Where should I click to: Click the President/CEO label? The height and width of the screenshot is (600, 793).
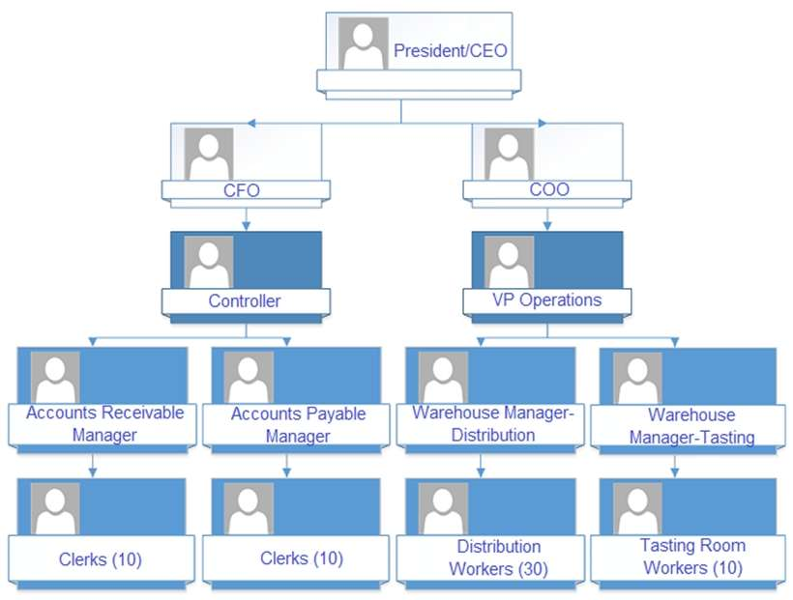pos(451,50)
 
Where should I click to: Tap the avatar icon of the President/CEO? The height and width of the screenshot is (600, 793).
pos(364,43)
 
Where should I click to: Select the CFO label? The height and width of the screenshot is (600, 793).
pos(242,190)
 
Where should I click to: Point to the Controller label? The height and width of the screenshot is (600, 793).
pos(245,300)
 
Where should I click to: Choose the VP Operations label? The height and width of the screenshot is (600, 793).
pos(546,300)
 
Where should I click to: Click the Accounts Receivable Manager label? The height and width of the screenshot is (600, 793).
pos(104,423)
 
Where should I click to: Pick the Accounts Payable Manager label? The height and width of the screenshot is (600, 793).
pos(298,424)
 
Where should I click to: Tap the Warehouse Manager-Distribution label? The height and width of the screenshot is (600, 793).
pos(493,423)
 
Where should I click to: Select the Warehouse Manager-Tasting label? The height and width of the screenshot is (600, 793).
pos(690,425)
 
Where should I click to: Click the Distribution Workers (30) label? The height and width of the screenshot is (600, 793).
pos(499,557)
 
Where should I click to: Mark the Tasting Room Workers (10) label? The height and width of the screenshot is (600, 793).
pos(692,557)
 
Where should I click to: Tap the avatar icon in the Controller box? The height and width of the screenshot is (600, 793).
pos(209,261)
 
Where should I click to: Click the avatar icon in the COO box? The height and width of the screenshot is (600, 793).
pos(510,153)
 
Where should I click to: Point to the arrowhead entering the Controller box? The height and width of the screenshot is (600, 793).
pos(246,227)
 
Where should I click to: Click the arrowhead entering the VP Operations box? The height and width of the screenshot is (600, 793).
pos(547,227)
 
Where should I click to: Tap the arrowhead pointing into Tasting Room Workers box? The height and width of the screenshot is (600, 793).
pos(675,473)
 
